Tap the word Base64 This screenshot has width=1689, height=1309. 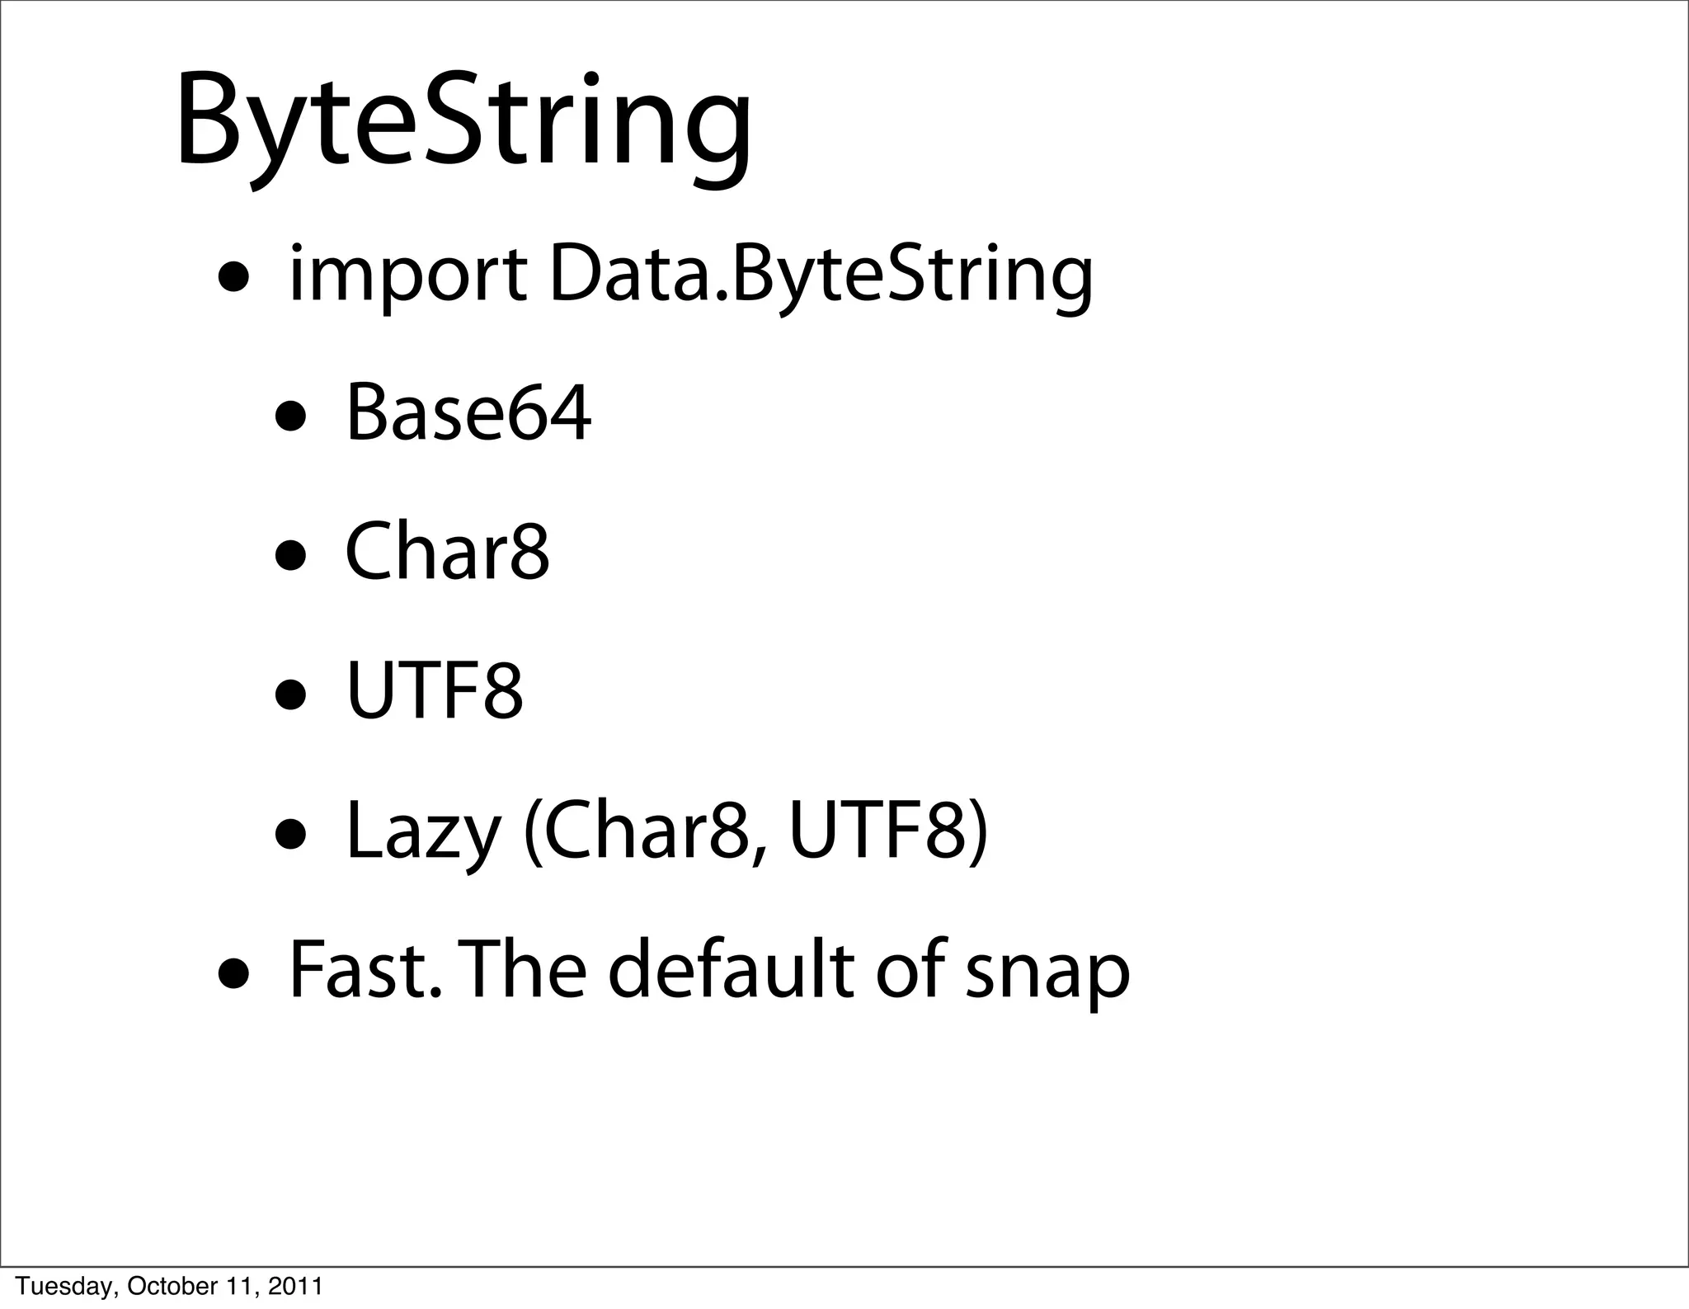pos(468,414)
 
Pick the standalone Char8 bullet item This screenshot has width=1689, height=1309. pos(446,553)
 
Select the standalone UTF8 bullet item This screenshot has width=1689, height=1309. pos(435,691)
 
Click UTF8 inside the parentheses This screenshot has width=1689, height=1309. pos(879,831)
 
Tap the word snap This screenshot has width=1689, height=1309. pos(1047,973)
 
